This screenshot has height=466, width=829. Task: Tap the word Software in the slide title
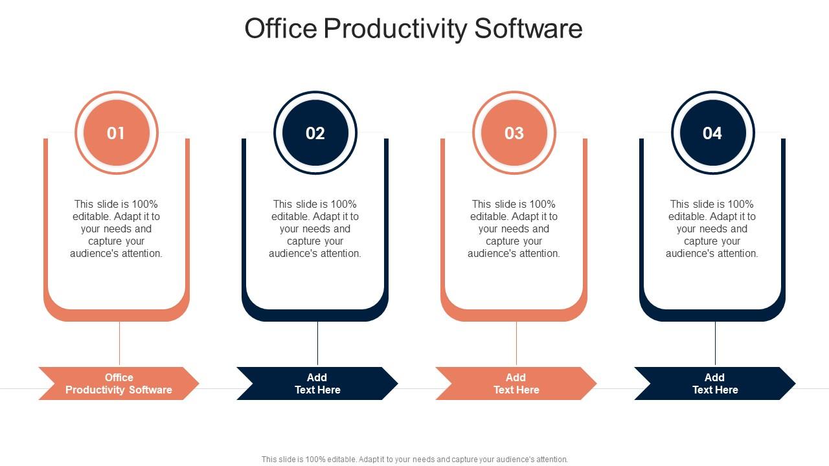point(528,29)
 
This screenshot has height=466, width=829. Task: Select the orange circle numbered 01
point(117,133)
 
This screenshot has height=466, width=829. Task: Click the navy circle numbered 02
point(315,133)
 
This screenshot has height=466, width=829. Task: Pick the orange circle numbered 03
point(514,133)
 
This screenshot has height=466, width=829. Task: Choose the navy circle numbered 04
point(712,133)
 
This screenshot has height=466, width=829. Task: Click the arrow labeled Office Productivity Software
point(119,383)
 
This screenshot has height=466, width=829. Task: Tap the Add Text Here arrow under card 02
point(317,383)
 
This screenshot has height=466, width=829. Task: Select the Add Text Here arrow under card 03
point(516,383)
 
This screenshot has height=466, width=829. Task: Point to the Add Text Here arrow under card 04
point(715,383)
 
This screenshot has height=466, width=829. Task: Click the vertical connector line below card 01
point(120,344)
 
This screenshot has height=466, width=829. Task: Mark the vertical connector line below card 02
point(318,344)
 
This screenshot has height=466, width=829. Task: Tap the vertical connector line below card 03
point(517,344)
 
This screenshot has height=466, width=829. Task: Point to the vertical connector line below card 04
point(716,344)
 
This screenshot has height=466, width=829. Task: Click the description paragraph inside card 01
point(117,228)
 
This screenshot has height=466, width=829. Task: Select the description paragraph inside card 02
point(315,228)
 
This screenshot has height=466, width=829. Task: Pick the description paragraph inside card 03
point(514,228)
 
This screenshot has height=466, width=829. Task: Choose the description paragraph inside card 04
point(712,228)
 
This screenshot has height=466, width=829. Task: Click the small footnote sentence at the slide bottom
point(414,460)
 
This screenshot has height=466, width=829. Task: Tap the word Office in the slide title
point(281,29)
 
